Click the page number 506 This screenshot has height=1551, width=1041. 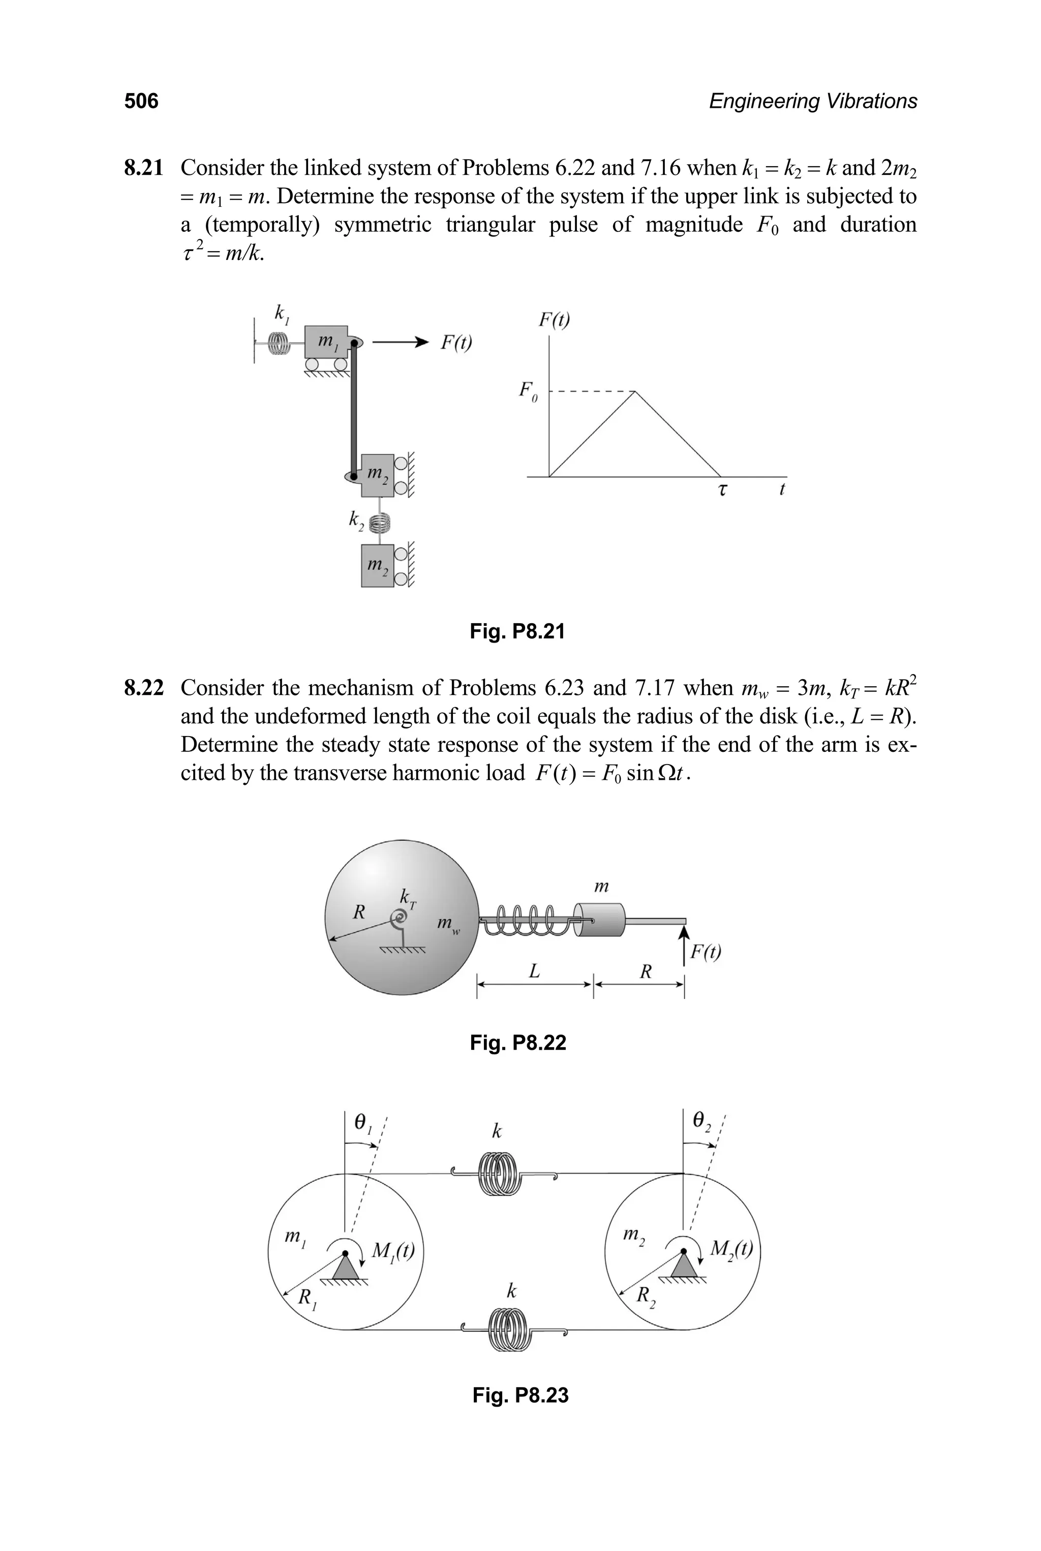(141, 102)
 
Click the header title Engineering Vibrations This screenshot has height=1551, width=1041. (813, 102)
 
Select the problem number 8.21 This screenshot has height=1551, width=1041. (143, 168)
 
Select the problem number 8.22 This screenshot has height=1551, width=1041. (143, 688)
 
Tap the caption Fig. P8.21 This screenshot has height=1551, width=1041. (517, 631)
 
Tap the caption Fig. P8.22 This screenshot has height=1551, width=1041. (517, 1043)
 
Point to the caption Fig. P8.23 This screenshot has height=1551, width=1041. (520, 1395)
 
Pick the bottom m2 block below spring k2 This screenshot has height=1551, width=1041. (377, 566)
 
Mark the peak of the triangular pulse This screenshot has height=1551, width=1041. (635, 392)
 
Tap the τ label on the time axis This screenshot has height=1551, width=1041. (722, 490)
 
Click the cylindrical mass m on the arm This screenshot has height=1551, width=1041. (599, 920)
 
